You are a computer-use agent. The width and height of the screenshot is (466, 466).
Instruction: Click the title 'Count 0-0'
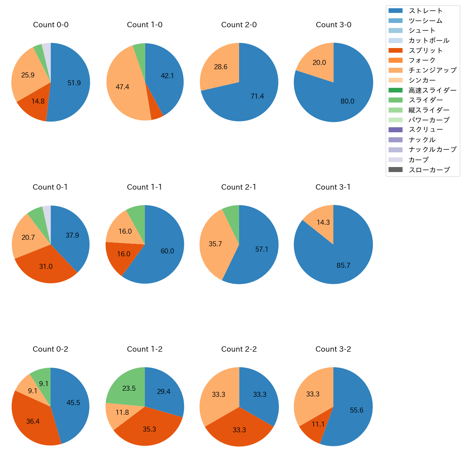51,25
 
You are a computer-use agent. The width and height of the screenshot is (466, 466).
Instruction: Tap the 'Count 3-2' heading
333,349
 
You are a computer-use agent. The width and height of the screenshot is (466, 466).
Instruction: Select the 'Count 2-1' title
239,187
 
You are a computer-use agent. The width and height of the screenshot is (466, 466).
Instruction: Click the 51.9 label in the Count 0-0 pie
74,83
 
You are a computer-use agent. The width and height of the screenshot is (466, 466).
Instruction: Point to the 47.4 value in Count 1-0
122,87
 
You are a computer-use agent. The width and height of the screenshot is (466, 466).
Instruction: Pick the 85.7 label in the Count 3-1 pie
343,266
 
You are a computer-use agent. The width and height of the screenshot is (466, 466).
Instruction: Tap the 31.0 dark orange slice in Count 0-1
46,266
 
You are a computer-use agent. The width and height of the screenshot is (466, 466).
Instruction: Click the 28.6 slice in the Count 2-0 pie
219,67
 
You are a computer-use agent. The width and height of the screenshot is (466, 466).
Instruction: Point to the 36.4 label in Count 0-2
33,422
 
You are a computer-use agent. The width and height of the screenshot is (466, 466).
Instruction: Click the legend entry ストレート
425,11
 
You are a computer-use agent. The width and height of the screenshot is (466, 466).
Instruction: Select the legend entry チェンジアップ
432,70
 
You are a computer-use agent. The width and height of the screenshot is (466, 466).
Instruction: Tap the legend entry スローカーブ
429,170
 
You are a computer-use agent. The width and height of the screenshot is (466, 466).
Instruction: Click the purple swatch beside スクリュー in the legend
395,130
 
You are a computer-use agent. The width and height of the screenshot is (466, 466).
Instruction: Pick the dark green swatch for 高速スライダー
395,90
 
